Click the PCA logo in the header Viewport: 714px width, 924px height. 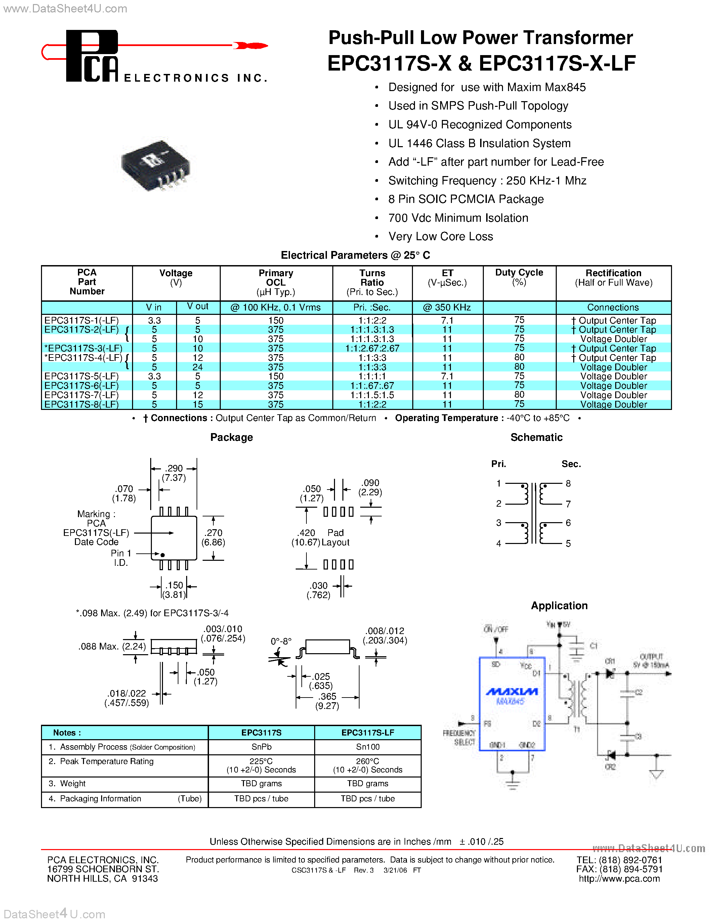click(92, 56)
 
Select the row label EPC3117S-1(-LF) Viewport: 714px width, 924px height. click(82, 320)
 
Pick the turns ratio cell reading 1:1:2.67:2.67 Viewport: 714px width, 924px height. click(372, 348)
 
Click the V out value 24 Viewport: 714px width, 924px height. click(198, 367)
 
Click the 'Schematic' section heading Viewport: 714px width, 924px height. click(536, 437)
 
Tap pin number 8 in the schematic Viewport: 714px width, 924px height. click(568, 483)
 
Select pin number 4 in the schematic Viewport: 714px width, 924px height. click(499, 543)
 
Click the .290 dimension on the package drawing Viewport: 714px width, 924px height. click(174, 468)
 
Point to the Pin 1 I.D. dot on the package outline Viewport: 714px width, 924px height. click(162, 555)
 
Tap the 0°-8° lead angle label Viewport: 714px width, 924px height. click(281, 641)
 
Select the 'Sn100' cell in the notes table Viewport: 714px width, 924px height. click(368, 747)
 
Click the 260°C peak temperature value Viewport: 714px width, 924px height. click(368, 761)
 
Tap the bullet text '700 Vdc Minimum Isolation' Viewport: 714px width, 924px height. click(458, 218)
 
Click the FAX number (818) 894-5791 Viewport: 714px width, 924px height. click(620, 869)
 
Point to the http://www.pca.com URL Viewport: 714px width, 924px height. click(619, 878)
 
